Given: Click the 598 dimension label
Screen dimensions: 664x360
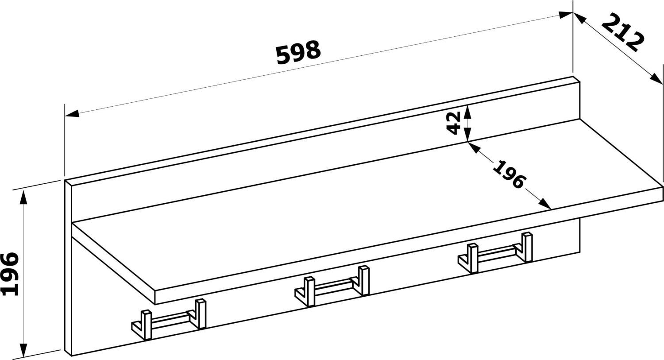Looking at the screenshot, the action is [298, 53].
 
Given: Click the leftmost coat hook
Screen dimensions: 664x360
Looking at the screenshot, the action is [169, 320].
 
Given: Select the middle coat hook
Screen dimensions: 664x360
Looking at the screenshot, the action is [332, 286].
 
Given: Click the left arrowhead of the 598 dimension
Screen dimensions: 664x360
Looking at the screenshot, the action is [72, 113].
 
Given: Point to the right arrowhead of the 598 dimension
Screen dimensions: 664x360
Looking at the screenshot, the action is [565, 15].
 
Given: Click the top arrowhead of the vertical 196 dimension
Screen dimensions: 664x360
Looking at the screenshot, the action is [23, 198].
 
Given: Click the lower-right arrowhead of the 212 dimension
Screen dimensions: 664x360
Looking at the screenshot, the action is [656, 79].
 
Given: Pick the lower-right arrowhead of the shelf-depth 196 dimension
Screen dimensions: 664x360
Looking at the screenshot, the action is [545, 204].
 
